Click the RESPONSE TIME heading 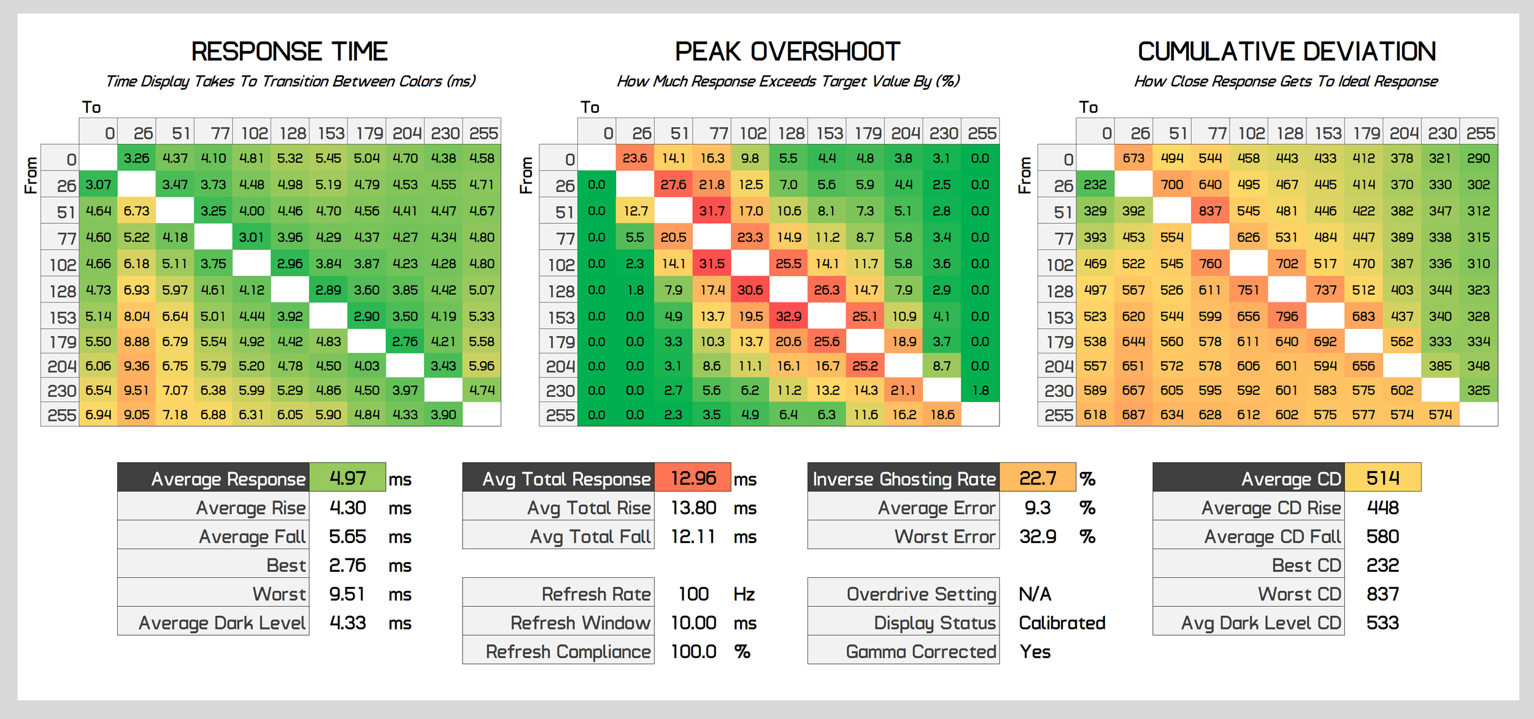click(289, 52)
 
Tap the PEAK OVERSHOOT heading click(787, 52)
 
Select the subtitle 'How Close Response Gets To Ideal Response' click(1285, 82)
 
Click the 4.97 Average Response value click(347, 478)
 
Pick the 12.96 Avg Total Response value click(693, 478)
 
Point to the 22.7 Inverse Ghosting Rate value click(1038, 478)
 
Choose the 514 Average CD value click(1382, 478)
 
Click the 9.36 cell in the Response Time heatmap click(136, 366)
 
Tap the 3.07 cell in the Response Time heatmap click(98, 185)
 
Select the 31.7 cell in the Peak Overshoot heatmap click(712, 211)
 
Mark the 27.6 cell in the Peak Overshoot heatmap click(673, 185)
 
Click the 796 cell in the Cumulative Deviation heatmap click(1287, 317)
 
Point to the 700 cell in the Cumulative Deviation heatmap click(1171, 185)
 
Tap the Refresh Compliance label click(568, 652)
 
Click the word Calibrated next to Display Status click(1062, 623)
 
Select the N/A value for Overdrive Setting click(1035, 594)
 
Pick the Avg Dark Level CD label click(1261, 623)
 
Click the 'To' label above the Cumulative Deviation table click(1089, 107)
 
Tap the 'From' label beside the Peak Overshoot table click(526, 175)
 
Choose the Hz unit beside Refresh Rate click(744, 594)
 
